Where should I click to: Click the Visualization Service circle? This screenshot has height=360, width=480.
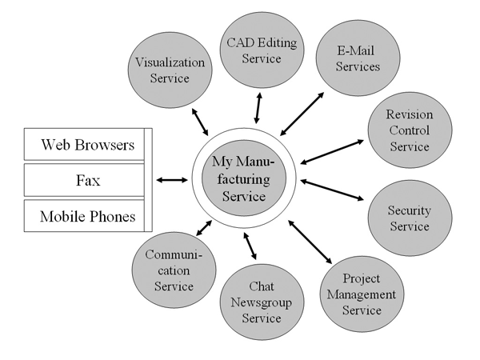(x=170, y=70)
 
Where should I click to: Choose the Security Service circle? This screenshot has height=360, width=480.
(x=408, y=218)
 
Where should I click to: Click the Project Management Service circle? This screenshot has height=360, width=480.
(x=362, y=294)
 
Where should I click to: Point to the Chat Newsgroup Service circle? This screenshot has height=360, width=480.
(x=254, y=302)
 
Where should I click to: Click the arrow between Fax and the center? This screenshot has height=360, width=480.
(x=172, y=180)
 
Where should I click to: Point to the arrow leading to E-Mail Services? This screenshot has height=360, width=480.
(x=302, y=113)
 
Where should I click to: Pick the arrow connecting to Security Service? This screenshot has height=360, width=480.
(x=333, y=190)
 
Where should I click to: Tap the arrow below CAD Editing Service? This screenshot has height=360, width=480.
(x=257, y=105)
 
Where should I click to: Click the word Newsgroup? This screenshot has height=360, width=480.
(x=254, y=302)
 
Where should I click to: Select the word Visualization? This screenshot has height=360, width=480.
(x=169, y=62)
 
